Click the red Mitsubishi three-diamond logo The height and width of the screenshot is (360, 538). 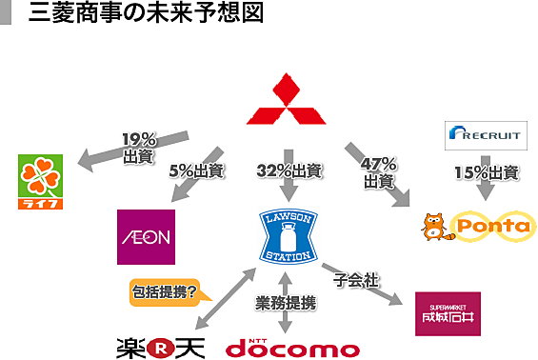pyautogui.click(x=287, y=103)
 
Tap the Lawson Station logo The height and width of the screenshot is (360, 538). pyautogui.click(x=289, y=237)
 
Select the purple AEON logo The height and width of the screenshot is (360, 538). pyautogui.click(x=147, y=237)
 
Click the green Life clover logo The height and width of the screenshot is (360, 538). pyautogui.click(x=41, y=182)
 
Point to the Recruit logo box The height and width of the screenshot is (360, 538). pyautogui.click(x=486, y=135)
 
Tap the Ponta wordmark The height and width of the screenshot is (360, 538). pyautogui.click(x=493, y=226)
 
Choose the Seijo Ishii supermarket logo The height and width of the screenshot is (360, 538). pyautogui.click(x=448, y=313)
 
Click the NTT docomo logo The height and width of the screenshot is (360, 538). pyautogui.click(x=292, y=348)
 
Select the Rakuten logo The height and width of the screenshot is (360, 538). pyautogui.click(x=161, y=348)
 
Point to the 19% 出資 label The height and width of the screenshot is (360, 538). pyautogui.click(x=139, y=149)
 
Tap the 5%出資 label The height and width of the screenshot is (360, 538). pyautogui.click(x=196, y=170)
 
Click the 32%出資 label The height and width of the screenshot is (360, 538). pyautogui.click(x=289, y=170)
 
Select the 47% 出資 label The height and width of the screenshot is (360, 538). pyautogui.click(x=379, y=173)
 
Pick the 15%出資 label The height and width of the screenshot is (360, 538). pyautogui.click(x=487, y=172)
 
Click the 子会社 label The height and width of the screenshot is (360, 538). pyautogui.click(x=356, y=280)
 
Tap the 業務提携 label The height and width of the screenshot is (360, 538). pyautogui.click(x=286, y=303)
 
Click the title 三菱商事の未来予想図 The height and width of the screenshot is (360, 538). pyautogui.click(x=147, y=12)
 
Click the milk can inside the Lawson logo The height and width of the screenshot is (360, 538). pyautogui.click(x=289, y=236)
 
